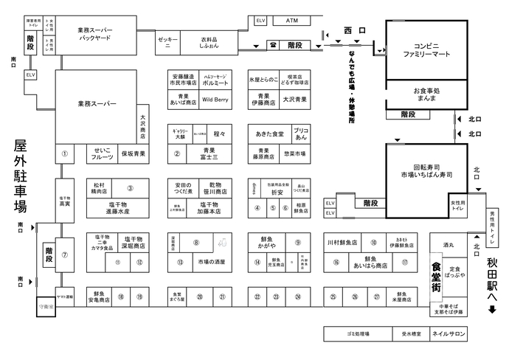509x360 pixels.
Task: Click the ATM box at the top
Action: (291, 21)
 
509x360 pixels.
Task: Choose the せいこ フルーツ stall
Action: (103, 153)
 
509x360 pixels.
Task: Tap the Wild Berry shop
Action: (215, 97)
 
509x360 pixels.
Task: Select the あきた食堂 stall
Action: (270, 135)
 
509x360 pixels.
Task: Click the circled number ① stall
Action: (65, 154)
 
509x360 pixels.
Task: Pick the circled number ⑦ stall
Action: (65, 255)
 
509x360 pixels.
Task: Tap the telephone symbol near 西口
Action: (273, 46)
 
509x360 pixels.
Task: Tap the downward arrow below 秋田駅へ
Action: (492, 309)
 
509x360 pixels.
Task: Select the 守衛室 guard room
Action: (46, 304)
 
